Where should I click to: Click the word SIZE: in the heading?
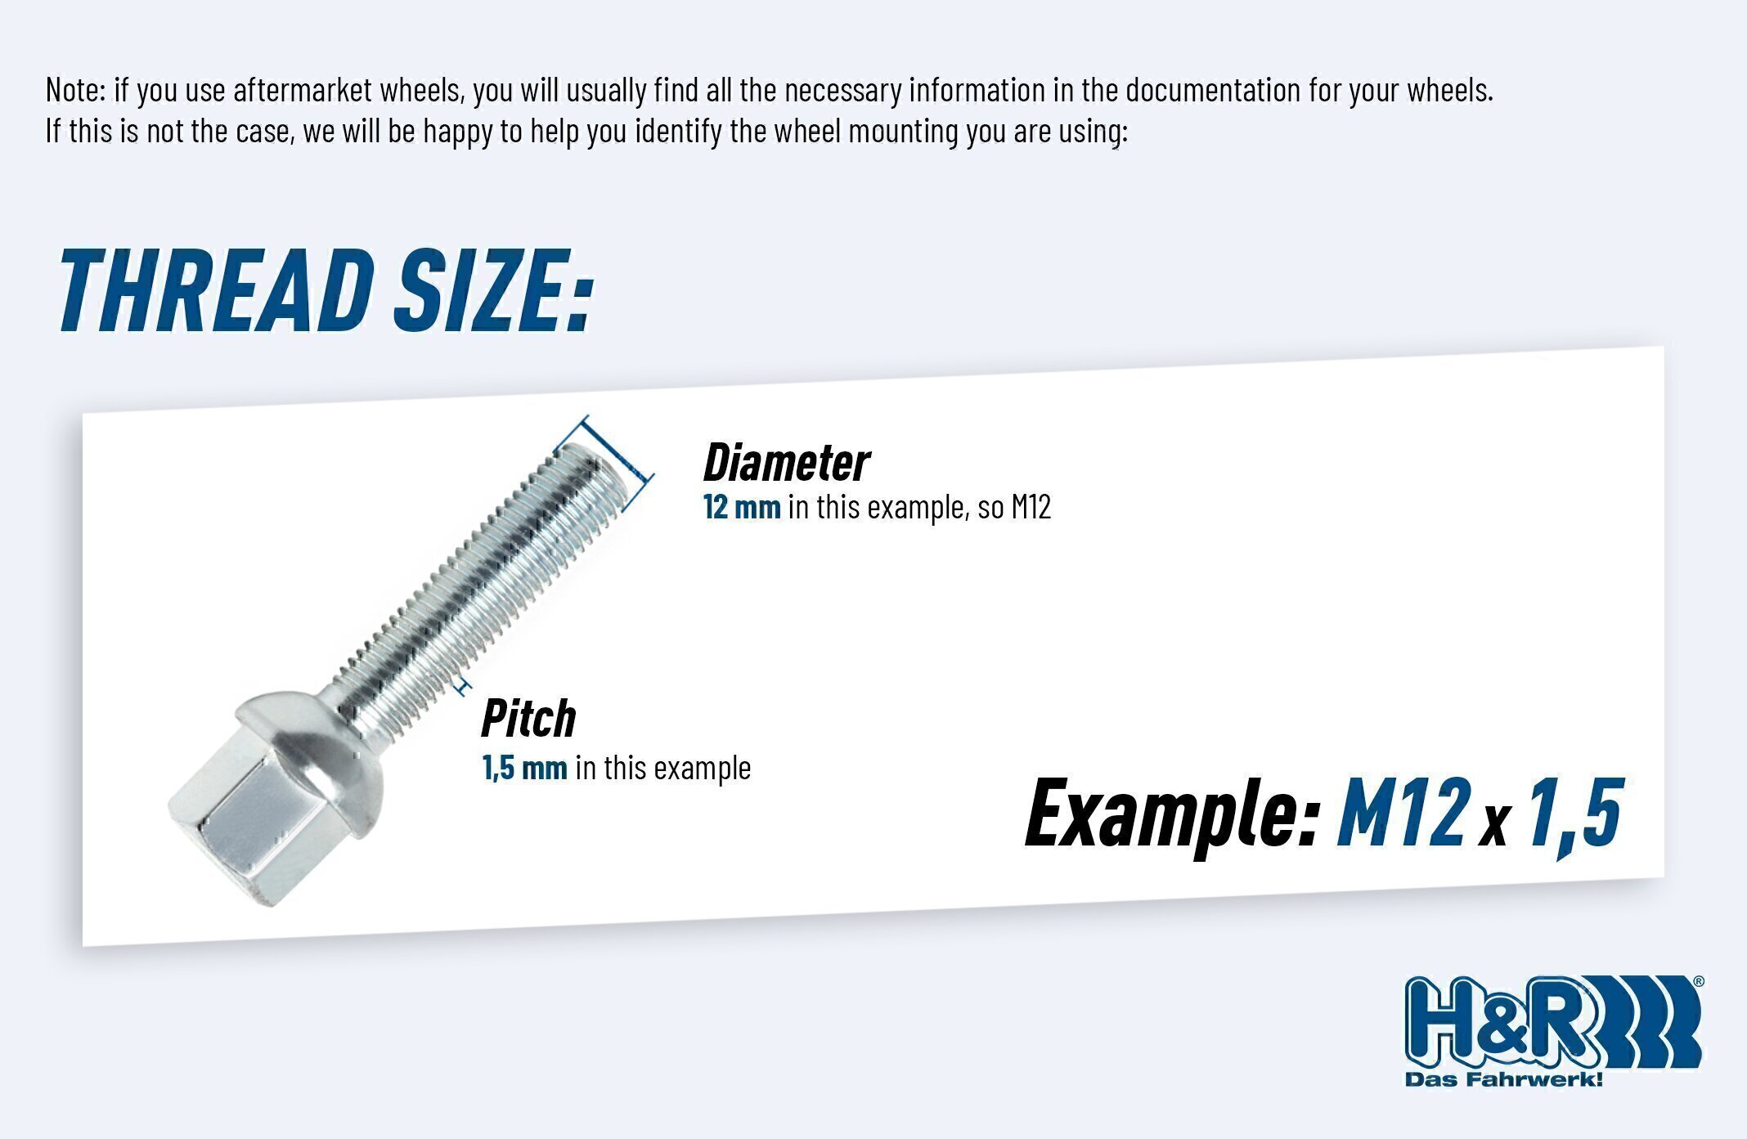pyautogui.click(x=492, y=290)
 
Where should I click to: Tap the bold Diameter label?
pyautogui.click(x=786, y=463)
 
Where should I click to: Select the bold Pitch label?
pyautogui.click(x=528, y=717)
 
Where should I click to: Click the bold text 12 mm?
pyautogui.click(x=742, y=507)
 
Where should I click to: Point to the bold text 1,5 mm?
pyautogui.click(x=524, y=768)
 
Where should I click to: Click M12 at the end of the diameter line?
pyautogui.click(x=1031, y=507)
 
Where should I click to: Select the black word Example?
pyautogui.click(x=1171, y=814)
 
